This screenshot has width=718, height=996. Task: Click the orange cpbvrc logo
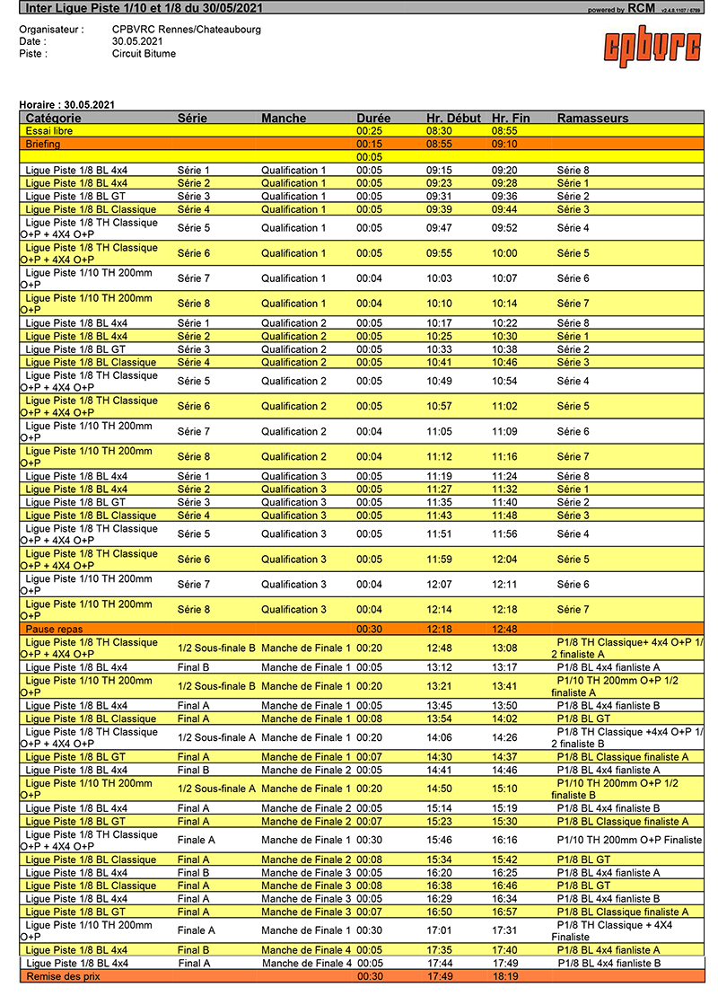tap(652, 45)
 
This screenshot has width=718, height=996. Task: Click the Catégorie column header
tap(53, 119)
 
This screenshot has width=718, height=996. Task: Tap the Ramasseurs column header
tap(592, 119)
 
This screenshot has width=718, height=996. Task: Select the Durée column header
tap(373, 119)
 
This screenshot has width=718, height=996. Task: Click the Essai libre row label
tap(49, 131)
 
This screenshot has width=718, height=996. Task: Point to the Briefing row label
tap(43, 144)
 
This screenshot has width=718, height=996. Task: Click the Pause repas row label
tap(53, 630)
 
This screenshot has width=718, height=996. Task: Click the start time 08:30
tap(439, 131)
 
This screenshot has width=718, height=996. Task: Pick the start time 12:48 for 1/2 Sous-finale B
tap(439, 648)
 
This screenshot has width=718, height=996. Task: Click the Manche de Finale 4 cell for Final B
tap(306, 950)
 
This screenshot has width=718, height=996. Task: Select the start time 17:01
tap(439, 930)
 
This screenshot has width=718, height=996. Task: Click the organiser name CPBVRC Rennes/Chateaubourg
tap(187, 30)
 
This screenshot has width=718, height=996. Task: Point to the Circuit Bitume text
tap(144, 54)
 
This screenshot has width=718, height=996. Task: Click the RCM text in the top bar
tap(641, 9)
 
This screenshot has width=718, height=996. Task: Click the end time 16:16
tap(504, 841)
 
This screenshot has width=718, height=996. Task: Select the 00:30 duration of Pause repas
tap(370, 630)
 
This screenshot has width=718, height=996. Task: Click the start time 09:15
tap(439, 170)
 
